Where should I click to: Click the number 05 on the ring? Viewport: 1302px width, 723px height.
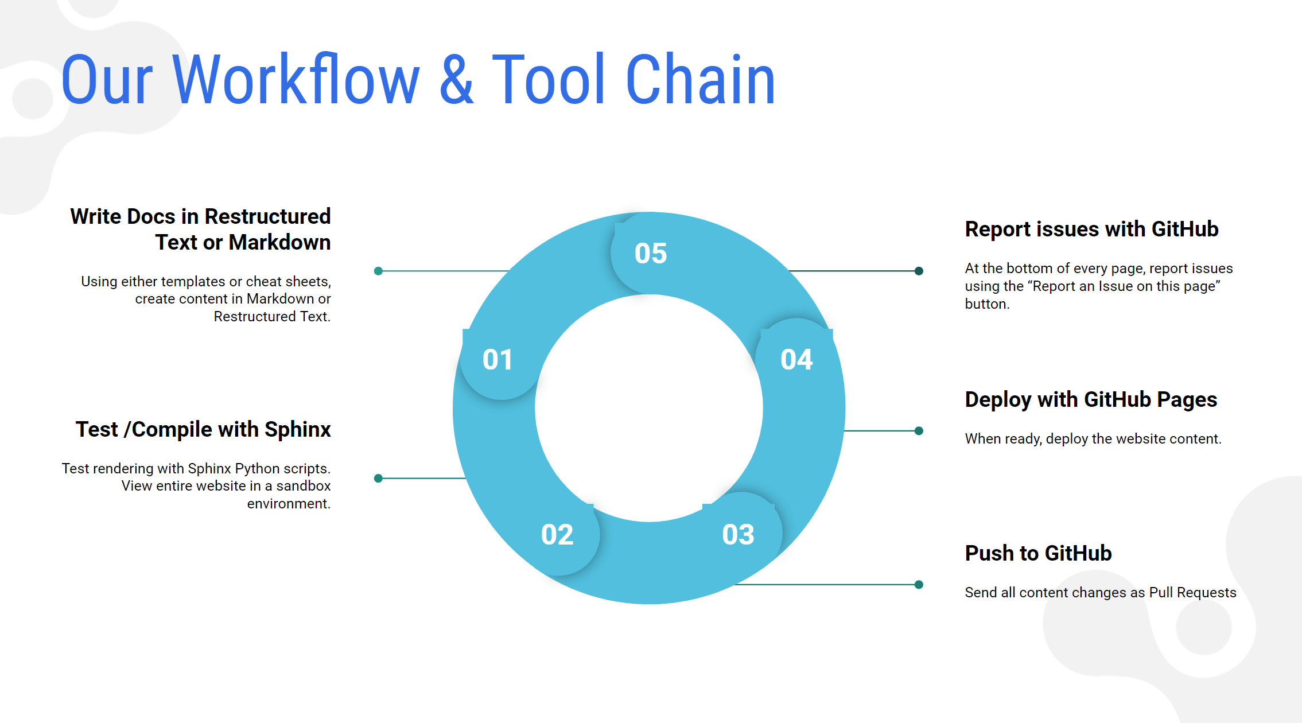[x=651, y=253]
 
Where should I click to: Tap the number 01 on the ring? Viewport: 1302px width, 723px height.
[x=497, y=360]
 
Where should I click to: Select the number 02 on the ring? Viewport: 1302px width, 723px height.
[x=557, y=535]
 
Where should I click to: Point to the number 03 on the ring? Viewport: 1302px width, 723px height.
[x=738, y=535]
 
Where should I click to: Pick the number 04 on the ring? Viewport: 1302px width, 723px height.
[x=796, y=360]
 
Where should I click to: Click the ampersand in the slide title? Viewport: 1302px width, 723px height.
[x=457, y=79]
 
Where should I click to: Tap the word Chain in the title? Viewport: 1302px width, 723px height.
[x=701, y=79]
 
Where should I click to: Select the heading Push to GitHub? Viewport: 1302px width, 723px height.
[x=1038, y=553]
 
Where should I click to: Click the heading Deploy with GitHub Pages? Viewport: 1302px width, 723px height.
[x=1091, y=400]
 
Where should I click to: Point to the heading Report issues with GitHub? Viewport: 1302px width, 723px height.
[x=1091, y=229]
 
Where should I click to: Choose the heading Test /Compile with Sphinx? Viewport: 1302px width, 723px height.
[x=203, y=430]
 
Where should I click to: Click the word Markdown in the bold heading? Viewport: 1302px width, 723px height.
[x=279, y=242]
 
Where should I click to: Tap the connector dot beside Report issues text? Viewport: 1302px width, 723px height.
[x=919, y=271]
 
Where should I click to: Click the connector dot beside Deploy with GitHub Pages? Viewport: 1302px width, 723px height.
[x=919, y=431]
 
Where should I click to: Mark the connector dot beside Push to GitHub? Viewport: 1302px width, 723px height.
[x=919, y=585]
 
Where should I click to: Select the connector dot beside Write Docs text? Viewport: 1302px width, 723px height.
[x=378, y=271]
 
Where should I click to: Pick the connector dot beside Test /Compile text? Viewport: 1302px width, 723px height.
[x=378, y=478]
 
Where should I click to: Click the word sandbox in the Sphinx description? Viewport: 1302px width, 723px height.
[x=304, y=486]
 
